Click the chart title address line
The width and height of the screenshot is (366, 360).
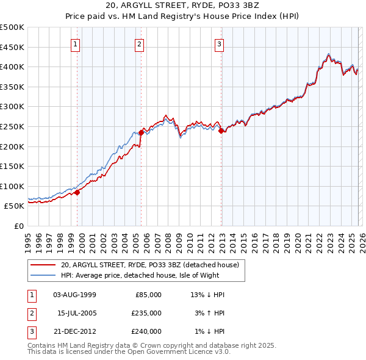[x=183, y=6]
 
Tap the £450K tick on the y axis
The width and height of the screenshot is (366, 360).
[x=13, y=47]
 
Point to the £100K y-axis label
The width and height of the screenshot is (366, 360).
[x=13, y=186]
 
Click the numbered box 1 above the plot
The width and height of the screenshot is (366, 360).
[x=75, y=44]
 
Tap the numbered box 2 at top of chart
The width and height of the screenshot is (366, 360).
[x=139, y=44]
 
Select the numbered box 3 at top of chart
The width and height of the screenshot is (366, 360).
[x=219, y=44]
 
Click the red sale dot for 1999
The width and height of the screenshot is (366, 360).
[x=77, y=192]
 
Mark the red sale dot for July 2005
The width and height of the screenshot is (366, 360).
[x=141, y=132]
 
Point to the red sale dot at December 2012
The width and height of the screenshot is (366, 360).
[x=221, y=131]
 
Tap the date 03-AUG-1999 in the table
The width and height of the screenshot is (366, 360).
[x=75, y=294]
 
